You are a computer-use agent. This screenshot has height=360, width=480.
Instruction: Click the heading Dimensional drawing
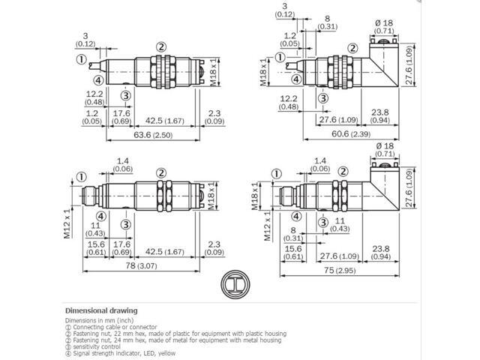click(x=101, y=310)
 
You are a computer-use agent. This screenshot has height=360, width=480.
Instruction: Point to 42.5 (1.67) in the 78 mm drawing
click(x=166, y=247)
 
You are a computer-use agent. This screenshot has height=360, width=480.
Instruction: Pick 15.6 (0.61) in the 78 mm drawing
click(x=95, y=247)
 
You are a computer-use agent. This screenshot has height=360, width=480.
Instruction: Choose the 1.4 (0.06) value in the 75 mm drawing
click(x=320, y=165)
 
